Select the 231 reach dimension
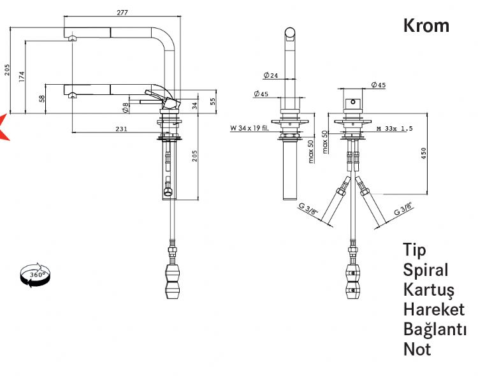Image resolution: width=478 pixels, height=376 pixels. (x=120, y=129)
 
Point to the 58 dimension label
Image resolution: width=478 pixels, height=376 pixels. (x=41, y=99)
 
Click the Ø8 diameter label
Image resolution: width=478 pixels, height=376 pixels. (x=126, y=107)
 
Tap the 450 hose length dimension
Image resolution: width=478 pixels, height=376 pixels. (x=423, y=154)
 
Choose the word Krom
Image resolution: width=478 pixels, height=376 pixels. (x=426, y=25)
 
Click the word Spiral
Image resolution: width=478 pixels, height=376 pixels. (x=425, y=270)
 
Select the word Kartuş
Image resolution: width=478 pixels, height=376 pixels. (x=428, y=290)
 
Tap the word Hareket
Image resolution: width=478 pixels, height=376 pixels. (x=433, y=309)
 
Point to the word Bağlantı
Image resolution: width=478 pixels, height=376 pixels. (x=435, y=329)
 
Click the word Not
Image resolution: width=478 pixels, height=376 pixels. (x=417, y=349)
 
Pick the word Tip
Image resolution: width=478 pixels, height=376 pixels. (x=414, y=250)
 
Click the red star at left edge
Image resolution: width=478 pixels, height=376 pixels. (x=3, y=126)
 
